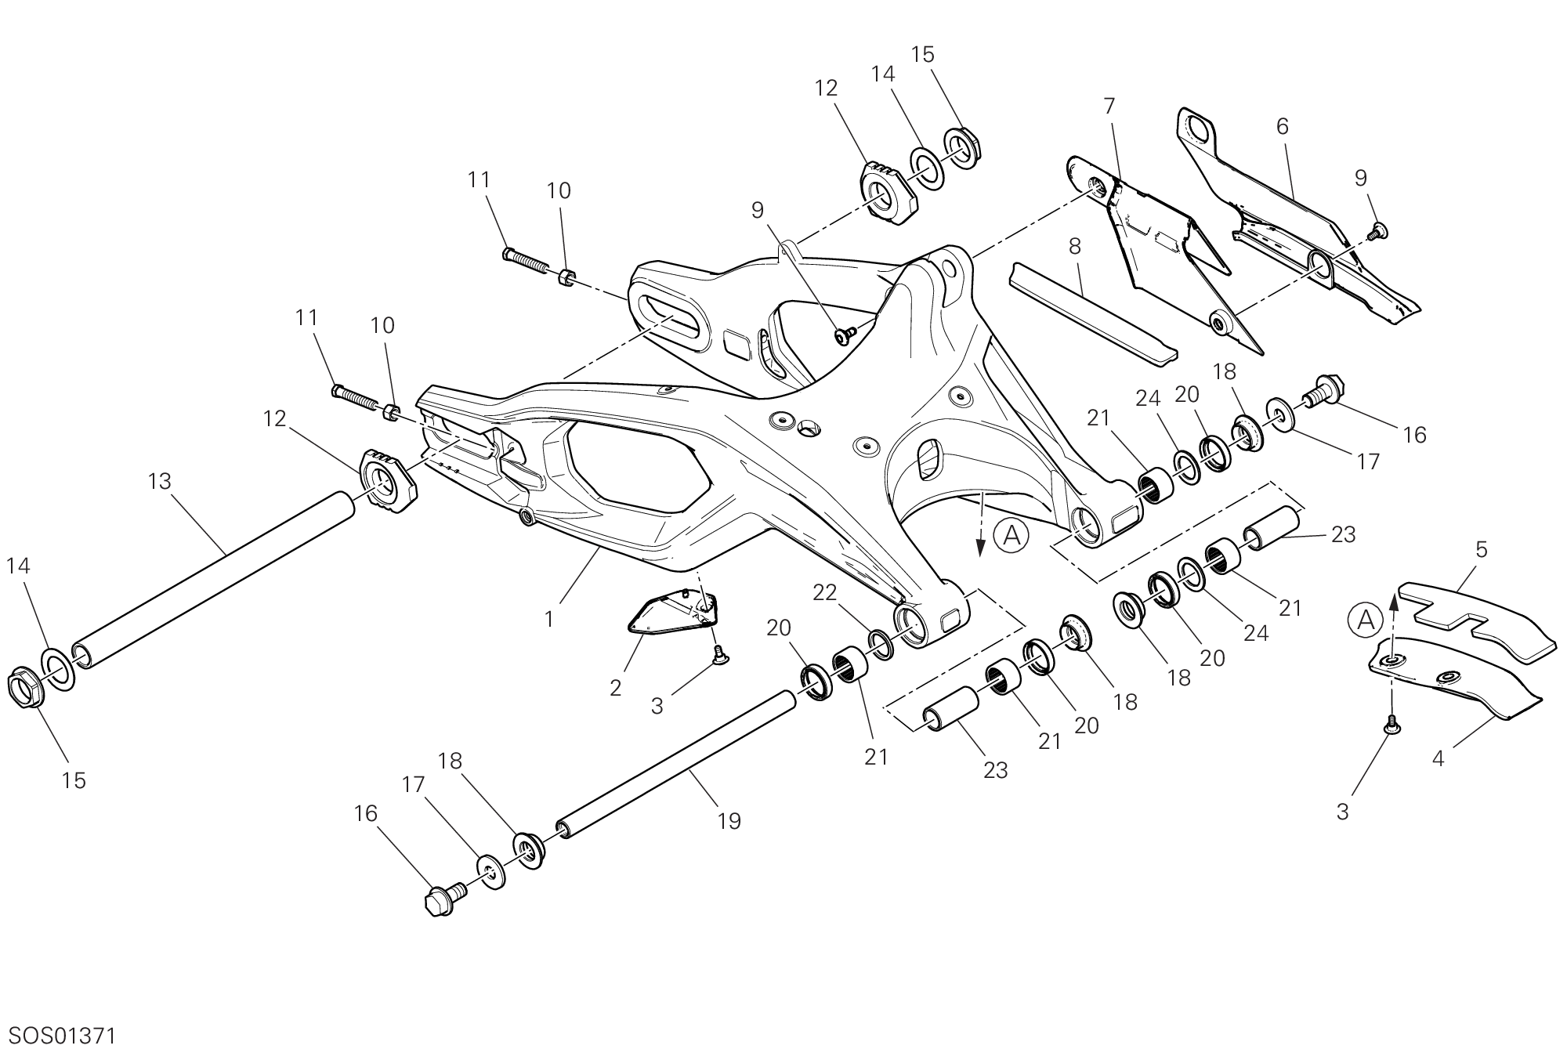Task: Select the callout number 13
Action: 159,481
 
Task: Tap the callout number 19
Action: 729,821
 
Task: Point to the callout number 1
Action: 549,619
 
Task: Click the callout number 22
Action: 825,593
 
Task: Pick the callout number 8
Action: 1074,246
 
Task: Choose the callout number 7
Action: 1109,106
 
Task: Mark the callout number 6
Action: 1283,126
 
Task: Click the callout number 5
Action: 1481,550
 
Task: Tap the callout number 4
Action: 1438,758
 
